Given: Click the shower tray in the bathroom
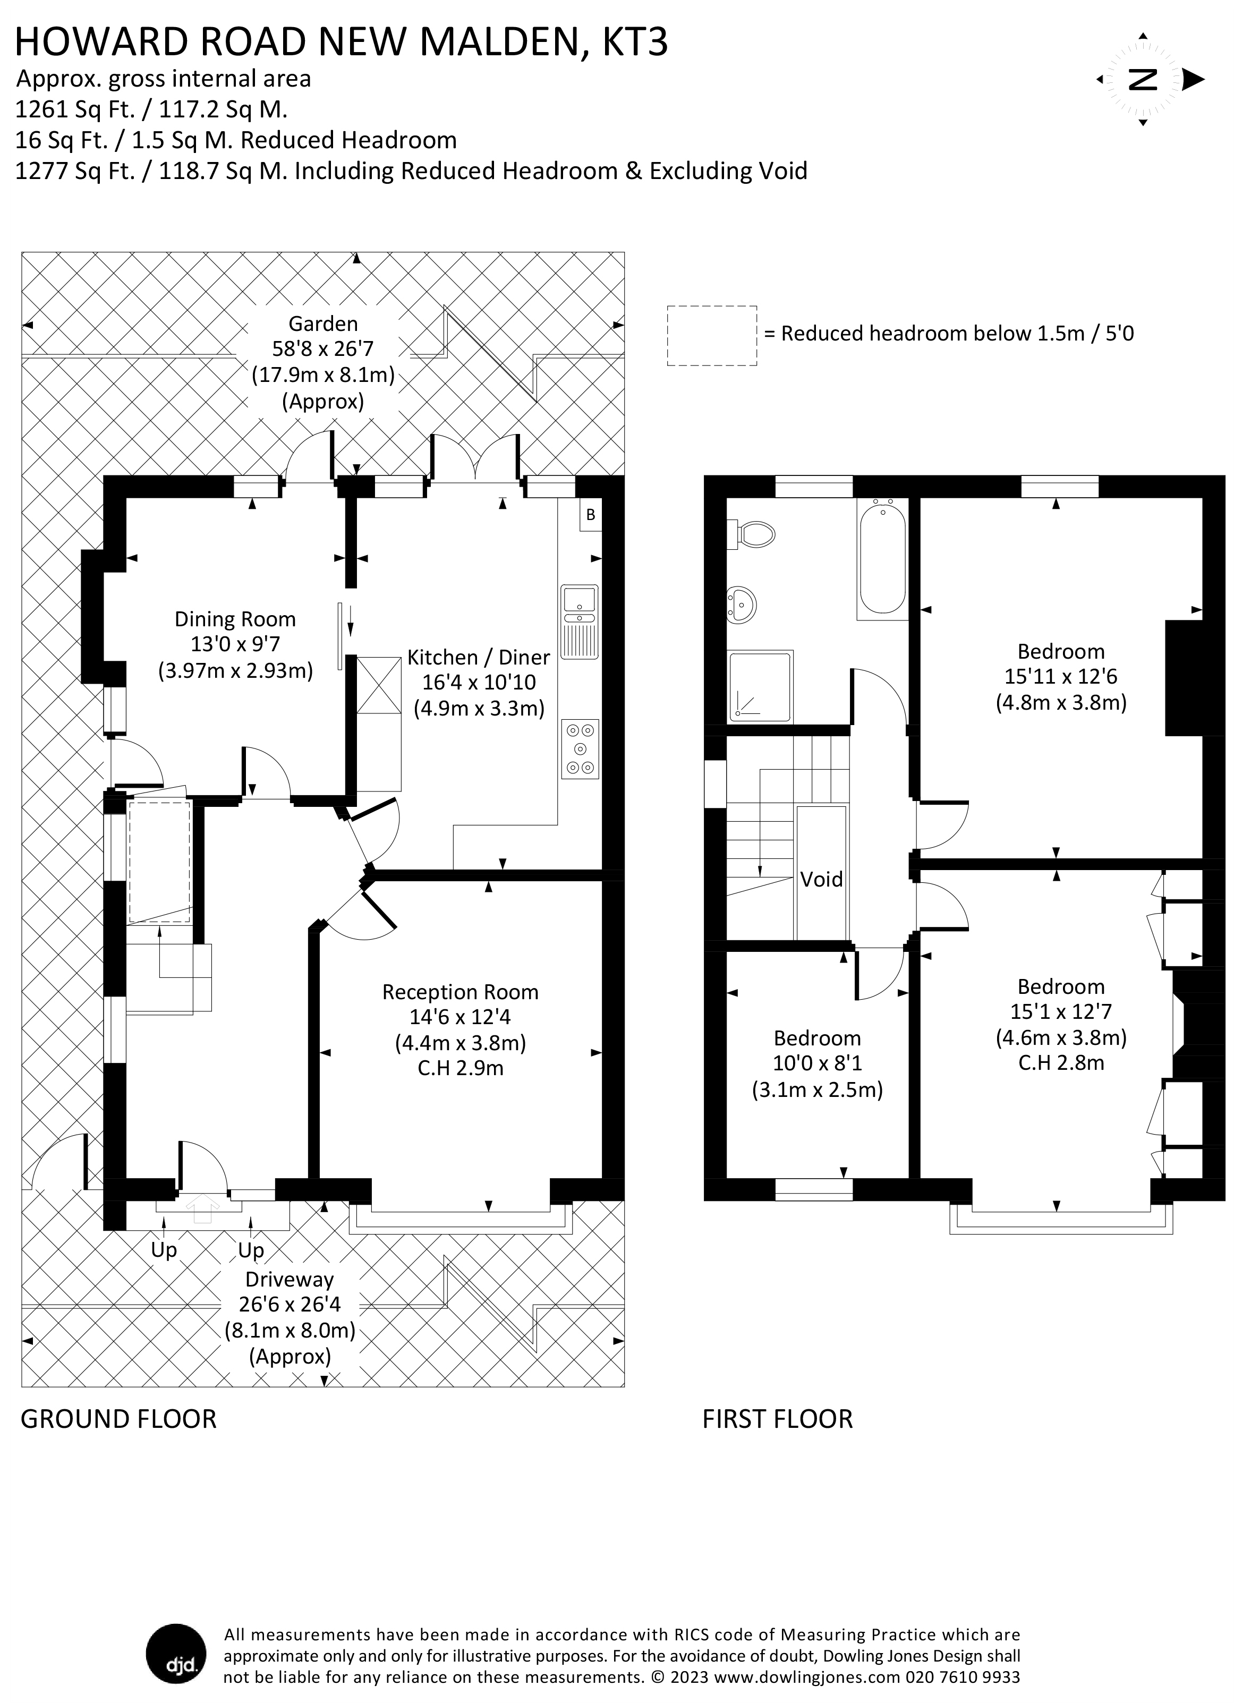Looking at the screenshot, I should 759,686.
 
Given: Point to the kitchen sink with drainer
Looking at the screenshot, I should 579,621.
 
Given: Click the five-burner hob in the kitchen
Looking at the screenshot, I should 579,748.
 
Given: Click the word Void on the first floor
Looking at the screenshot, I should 821,879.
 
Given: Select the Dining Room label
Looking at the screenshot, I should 235,619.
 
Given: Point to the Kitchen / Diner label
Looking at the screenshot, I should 479,657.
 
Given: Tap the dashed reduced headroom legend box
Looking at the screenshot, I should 711,336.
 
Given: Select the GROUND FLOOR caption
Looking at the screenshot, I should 118,1419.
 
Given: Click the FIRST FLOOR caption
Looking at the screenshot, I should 777,1419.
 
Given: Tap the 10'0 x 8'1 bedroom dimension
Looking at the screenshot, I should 817,1063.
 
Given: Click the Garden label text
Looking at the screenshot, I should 323,323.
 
